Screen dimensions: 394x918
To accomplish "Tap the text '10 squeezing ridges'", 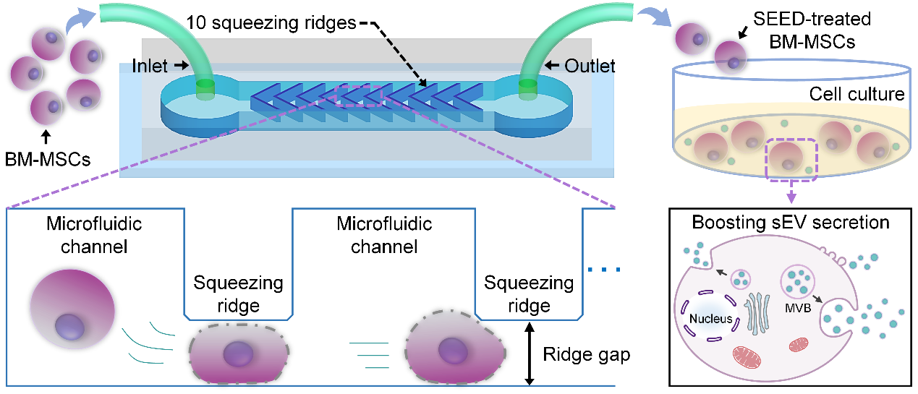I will click(270, 22).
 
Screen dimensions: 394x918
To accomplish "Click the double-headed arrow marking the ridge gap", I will click(531, 355).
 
